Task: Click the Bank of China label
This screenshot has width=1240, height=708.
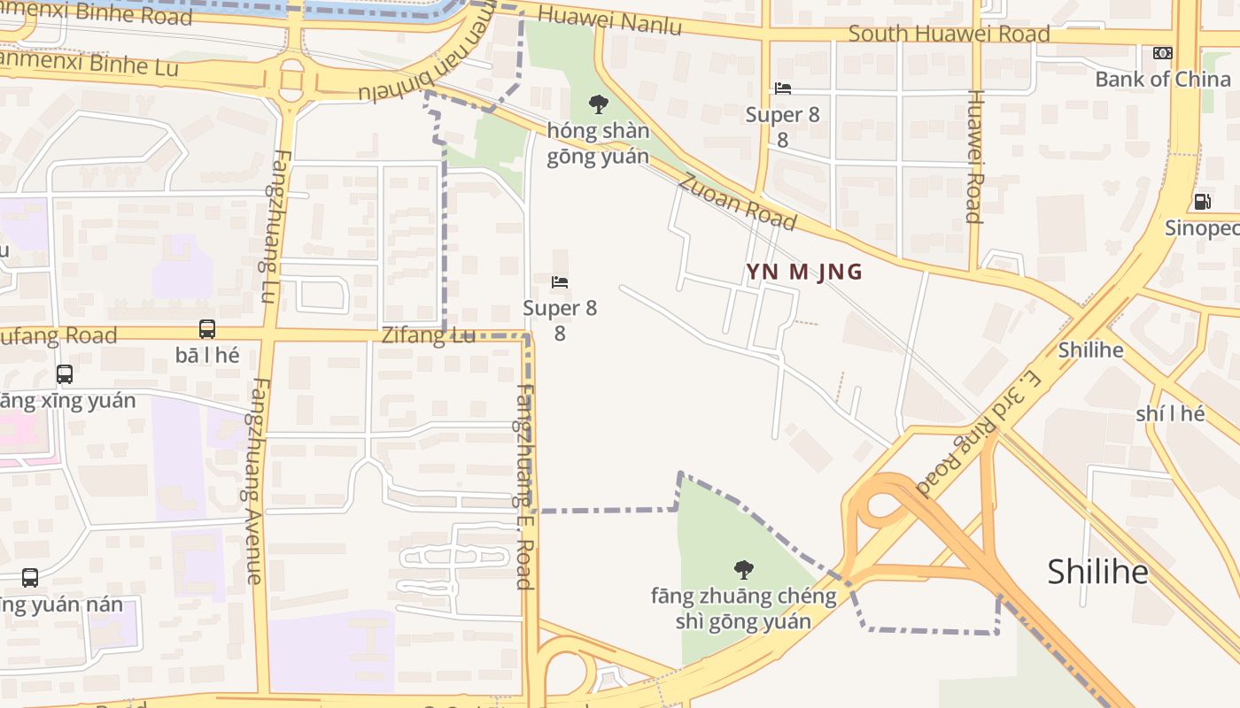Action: click(x=1162, y=79)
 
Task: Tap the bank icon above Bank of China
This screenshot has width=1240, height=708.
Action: click(x=1163, y=53)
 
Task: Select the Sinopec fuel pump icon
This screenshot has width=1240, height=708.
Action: click(x=1202, y=202)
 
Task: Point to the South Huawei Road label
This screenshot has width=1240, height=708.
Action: click(x=949, y=34)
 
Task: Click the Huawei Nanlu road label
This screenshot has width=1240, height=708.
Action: click(x=609, y=19)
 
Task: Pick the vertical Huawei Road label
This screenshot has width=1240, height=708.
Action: click(x=974, y=156)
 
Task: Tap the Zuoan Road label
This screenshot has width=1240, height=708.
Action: click(x=738, y=201)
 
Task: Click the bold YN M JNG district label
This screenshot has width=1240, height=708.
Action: click(x=804, y=272)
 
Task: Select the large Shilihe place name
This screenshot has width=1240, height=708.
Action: click(x=1097, y=572)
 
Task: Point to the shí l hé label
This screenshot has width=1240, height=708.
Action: click(x=1170, y=413)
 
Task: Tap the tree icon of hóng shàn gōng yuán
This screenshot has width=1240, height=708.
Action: click(x=599, y=104)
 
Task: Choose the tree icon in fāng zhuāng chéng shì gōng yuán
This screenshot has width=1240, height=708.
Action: click(x=744, y=569)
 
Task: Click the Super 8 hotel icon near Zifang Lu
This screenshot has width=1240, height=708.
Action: click(x=560, y=282)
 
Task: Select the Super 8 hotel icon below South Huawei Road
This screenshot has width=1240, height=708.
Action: click(x=783, y=88)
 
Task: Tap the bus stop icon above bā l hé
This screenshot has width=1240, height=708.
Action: click(x=207, y=329)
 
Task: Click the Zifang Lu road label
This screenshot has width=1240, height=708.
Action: click(x=429, y=335)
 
